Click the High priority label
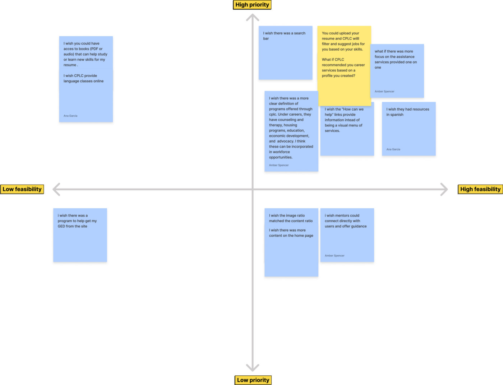point(252,5)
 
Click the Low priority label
point(253,380)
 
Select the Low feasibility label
point(22,189)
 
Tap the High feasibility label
point(480,189)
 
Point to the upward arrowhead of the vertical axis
point(253,17)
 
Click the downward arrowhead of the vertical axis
point(253,368)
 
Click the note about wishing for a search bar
point(285,53)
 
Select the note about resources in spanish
point(409,129)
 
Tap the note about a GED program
point(80,235)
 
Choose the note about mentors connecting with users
point(347,235)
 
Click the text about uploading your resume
point(343,41)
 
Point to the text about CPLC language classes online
point(83,79)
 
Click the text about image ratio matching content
point(291,218)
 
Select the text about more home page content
point(291,233)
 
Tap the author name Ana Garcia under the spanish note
point(393,149)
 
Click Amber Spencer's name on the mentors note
point(334,256)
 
